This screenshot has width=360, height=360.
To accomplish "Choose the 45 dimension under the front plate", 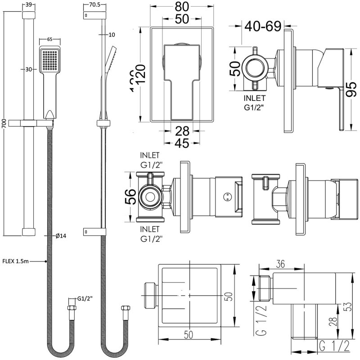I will click(x=181, y=144).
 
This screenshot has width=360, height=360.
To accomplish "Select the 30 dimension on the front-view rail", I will click(x=28, y=69).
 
